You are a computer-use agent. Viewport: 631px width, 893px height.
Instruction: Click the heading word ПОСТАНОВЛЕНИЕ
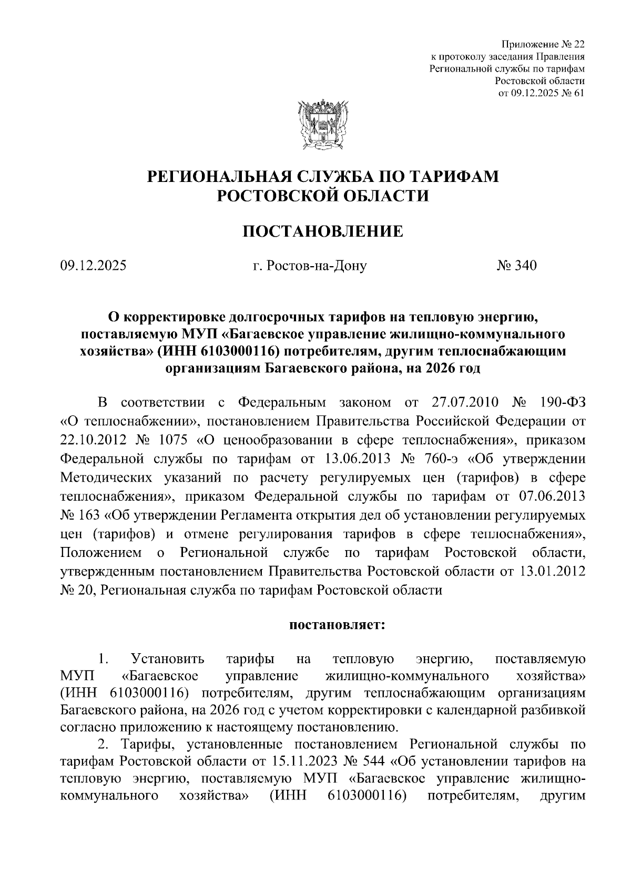322,231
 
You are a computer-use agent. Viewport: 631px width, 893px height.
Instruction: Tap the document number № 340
516,266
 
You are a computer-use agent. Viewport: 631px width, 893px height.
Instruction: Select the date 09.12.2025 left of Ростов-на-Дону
93,266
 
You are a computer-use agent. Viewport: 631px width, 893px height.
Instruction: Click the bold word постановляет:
337,625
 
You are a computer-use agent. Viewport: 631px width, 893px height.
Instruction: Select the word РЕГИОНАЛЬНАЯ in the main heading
217,177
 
